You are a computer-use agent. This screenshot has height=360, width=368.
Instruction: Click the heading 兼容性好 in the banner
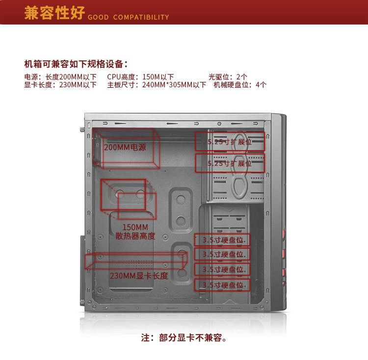tap(54, 13)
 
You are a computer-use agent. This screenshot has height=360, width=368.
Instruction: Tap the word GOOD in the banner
tap(98, 18)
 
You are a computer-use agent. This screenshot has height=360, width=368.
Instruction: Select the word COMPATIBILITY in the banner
tap(141, 18)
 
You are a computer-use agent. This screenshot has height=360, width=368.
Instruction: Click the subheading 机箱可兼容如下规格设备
tap(76, 64)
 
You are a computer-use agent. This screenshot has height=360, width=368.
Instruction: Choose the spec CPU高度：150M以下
tap(140, 77)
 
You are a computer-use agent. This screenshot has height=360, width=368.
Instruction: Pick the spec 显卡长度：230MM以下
tap(60, 85)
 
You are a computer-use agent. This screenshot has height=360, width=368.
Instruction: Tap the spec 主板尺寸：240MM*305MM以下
tap(157, 85)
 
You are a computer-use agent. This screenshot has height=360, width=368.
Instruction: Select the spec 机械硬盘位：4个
tap(240, 85)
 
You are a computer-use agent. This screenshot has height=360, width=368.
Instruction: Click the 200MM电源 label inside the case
tap(125, 147)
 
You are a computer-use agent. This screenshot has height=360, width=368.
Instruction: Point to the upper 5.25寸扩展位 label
tap(230, 142)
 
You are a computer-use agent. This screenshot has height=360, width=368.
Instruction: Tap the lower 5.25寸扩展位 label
tap(230, 163)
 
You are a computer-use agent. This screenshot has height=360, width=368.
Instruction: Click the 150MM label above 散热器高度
tap(135, 227)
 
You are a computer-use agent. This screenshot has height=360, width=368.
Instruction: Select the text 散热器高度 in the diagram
tap(135, 236)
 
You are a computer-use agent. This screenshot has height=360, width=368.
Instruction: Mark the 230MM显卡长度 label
tap(139, 276)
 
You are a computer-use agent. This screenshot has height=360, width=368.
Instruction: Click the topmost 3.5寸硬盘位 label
tap(223, 240)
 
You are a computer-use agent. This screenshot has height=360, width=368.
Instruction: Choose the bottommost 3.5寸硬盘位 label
tap(223, 285)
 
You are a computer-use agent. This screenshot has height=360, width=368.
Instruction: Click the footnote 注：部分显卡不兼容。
tap(184, 338)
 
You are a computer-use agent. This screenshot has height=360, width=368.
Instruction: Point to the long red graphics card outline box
tap(135, 261)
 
